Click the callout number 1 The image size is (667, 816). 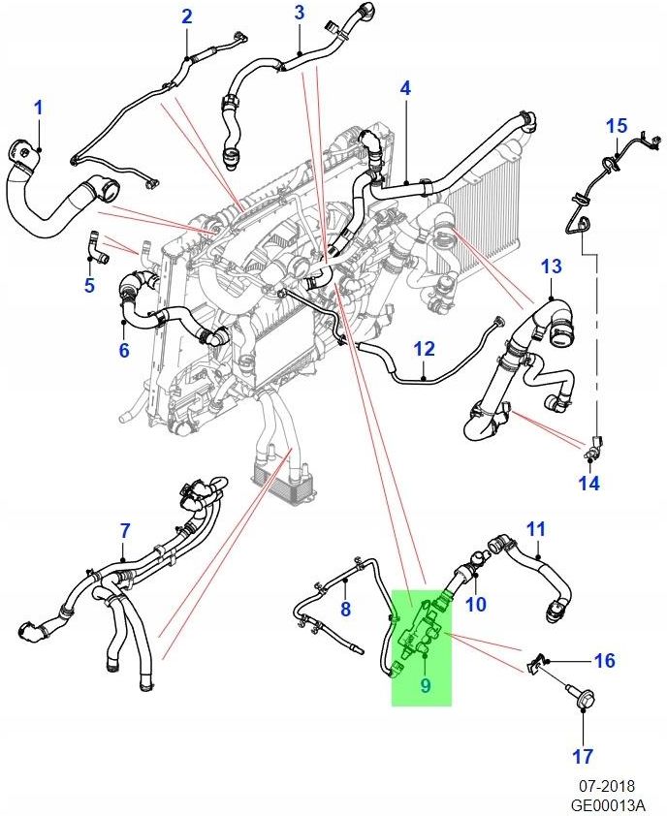pos(39,108)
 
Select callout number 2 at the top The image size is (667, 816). pos(187,16)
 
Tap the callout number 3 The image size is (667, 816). pos(300,13)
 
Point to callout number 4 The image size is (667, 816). pos(405,88)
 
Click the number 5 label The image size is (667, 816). pos(89,285)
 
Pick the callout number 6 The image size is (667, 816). pos(124,350)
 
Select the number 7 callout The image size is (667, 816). pos(124,530)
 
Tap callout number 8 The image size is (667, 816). pos(344,609)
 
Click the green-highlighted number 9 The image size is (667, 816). pos(425,686)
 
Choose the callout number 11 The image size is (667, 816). pos(536,528)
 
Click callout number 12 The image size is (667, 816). pos(425,349)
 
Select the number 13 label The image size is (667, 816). pos(551,266)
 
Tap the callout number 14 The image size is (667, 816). pos(589,482)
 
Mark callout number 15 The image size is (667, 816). pos(617,126)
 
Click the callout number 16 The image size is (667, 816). pos(604,661)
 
